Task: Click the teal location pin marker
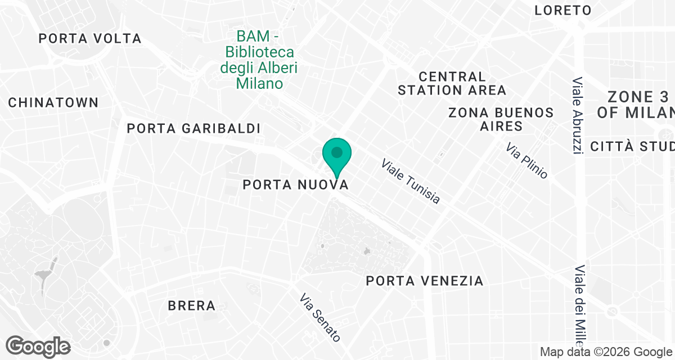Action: (337, 155)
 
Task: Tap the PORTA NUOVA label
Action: (295, 184)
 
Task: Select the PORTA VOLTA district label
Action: (90, 39)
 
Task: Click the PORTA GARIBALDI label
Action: (193, 128)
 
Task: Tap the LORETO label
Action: (563, 10)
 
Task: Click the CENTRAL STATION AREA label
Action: (452, 83)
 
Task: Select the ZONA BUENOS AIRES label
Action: (501, 119)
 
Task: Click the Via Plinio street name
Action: (526, 161)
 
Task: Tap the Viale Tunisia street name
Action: (411, 181)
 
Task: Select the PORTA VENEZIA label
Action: (425, 281)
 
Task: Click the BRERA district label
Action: (192, 306)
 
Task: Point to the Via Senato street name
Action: (320, 317)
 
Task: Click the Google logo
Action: (38, 345)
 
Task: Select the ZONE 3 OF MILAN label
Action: (636, 104)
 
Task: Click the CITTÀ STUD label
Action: (632, 147)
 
